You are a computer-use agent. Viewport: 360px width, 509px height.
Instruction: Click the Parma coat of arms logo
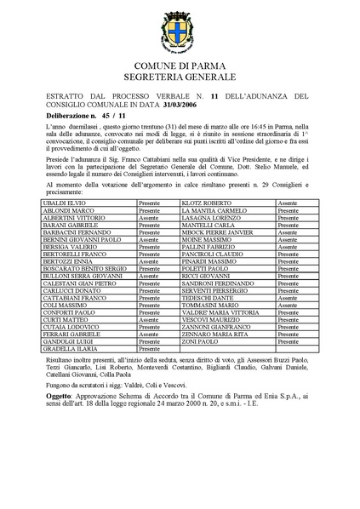pos(180,38)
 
